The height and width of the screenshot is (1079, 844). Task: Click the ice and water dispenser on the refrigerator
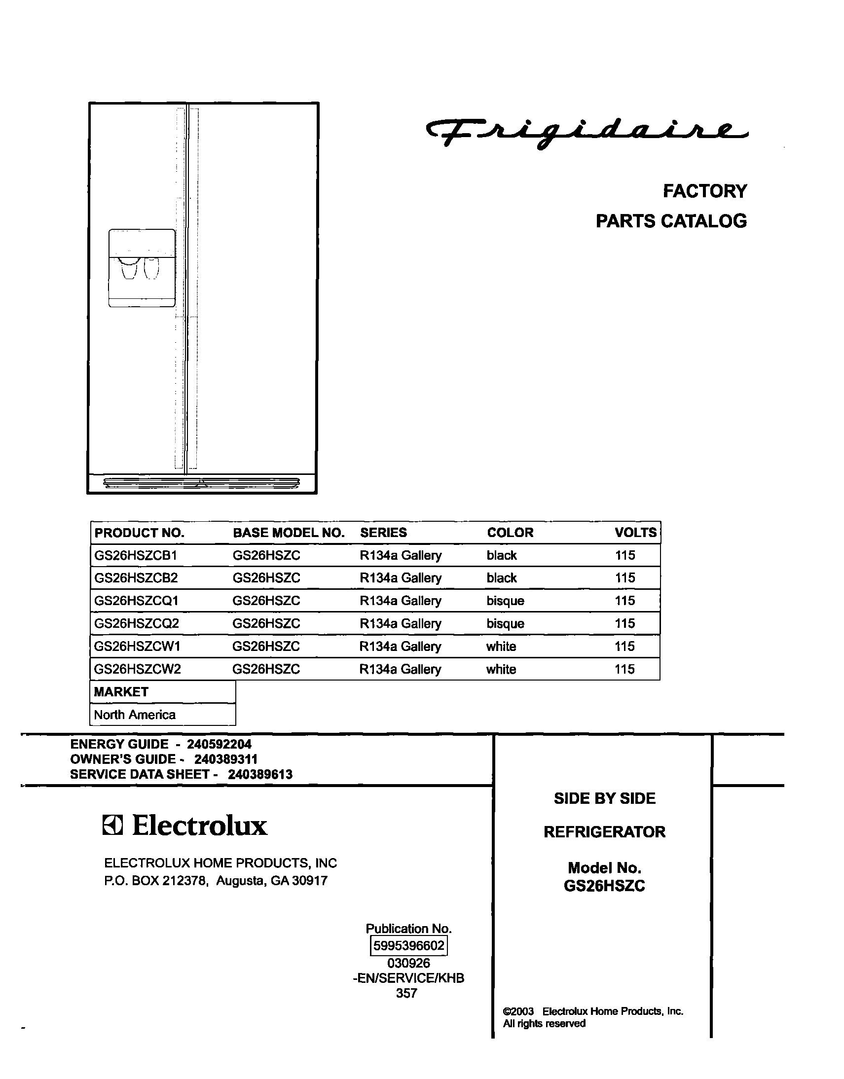pyautogui.click(x=142, y=268)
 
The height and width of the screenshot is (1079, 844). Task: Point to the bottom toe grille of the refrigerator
pyautogui.click(x=202, y=483)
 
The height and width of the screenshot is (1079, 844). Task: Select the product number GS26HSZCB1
pyautogui.click(x=135, y=555)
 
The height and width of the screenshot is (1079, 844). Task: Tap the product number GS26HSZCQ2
pyautogui.click(x=136, y=623)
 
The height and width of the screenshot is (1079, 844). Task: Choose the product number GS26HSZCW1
pyautogui.click(x=137, y=646)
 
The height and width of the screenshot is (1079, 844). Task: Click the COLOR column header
pyautogui.click(x=510, y=533)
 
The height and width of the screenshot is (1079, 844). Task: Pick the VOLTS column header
pyautogui.click(x=635, y=533)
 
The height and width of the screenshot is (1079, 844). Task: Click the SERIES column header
pyautogui.click(x=383, y=533)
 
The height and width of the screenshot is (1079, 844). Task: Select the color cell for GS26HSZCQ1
pyautogui.click(x=505, y=601)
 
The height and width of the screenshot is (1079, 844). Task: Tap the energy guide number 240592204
pyautogui.click(x=219, y=744)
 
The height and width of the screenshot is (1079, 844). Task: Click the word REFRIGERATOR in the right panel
pyautogui.click(x=604, y=832)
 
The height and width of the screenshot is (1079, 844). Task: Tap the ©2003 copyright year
pyautogui.click(x=518, y=1011)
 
